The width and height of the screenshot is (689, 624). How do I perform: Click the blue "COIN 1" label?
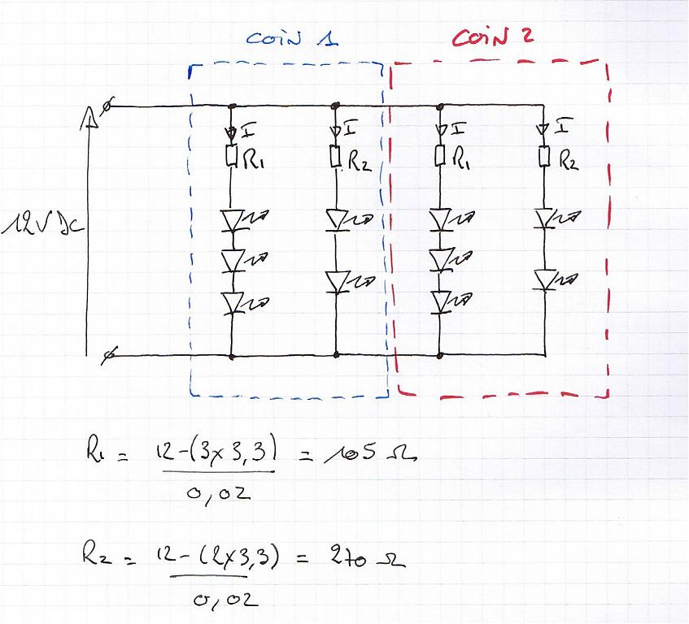click(x=292, y=38)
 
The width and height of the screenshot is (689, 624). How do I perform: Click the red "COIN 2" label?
click(x=493, y=37)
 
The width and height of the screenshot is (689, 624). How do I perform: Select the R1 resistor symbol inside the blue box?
click(x=232, y=155)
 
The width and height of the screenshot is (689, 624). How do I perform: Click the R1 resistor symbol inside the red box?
click(x=440, y=155)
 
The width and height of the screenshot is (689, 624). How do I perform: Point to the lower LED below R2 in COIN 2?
click(x=544, y=279)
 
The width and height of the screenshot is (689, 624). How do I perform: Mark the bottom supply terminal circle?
click(x=109, y=354)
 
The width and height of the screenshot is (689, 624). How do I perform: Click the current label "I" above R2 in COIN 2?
click(x=564, y=128)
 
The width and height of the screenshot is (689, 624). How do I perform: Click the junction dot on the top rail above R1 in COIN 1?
click(x=233, y=106)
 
